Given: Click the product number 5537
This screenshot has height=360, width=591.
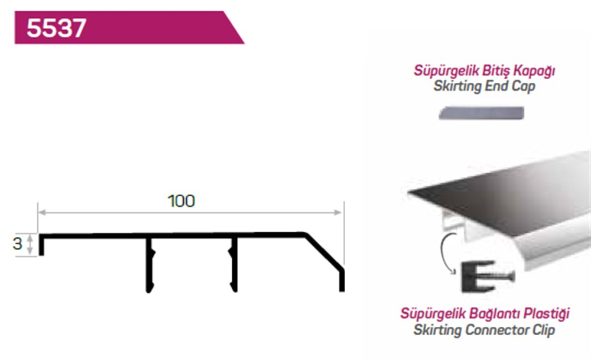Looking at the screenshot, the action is point(57,28).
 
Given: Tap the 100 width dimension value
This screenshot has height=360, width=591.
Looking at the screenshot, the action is point(181,201).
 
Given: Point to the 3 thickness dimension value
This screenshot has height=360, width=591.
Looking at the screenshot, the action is point(17,244).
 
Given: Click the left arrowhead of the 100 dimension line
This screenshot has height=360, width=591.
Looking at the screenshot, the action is point(42,213).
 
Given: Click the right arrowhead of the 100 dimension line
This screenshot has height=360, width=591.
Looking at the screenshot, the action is point(337,213).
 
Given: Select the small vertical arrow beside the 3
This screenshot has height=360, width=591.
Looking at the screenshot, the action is point(30,244).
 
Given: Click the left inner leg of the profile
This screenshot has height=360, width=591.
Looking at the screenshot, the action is point(150,265).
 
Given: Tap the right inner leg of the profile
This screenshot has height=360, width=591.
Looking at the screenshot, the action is point(233,265).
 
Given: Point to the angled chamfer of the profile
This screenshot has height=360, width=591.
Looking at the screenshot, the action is point(324,252).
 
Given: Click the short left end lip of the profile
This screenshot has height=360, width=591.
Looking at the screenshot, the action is point(41,246).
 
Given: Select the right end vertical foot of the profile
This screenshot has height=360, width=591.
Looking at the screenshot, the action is point(342,281).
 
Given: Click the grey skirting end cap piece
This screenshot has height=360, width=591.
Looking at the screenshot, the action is point(481,113).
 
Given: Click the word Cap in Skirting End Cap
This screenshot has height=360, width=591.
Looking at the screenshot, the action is point(524,86).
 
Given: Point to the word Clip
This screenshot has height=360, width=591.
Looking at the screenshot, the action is point(544,330).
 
